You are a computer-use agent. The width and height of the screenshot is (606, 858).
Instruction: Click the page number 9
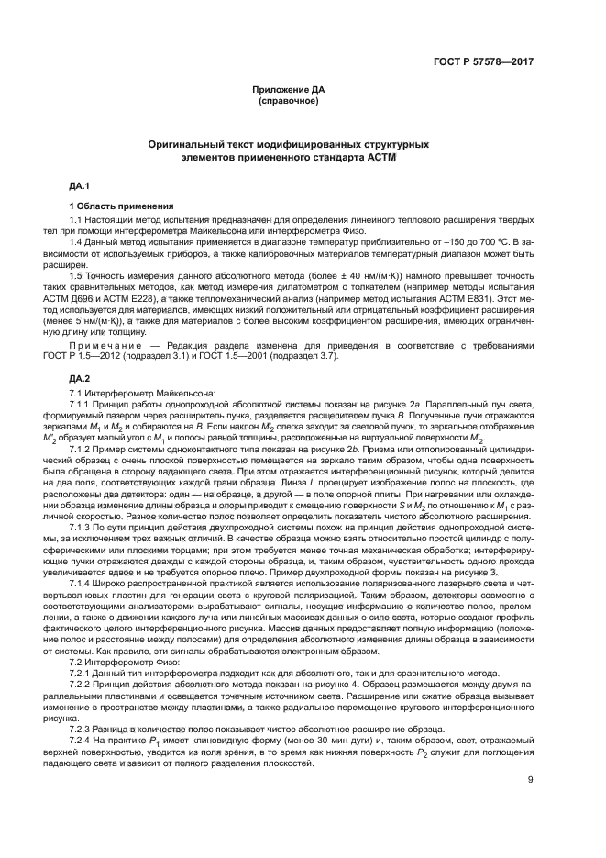531,808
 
